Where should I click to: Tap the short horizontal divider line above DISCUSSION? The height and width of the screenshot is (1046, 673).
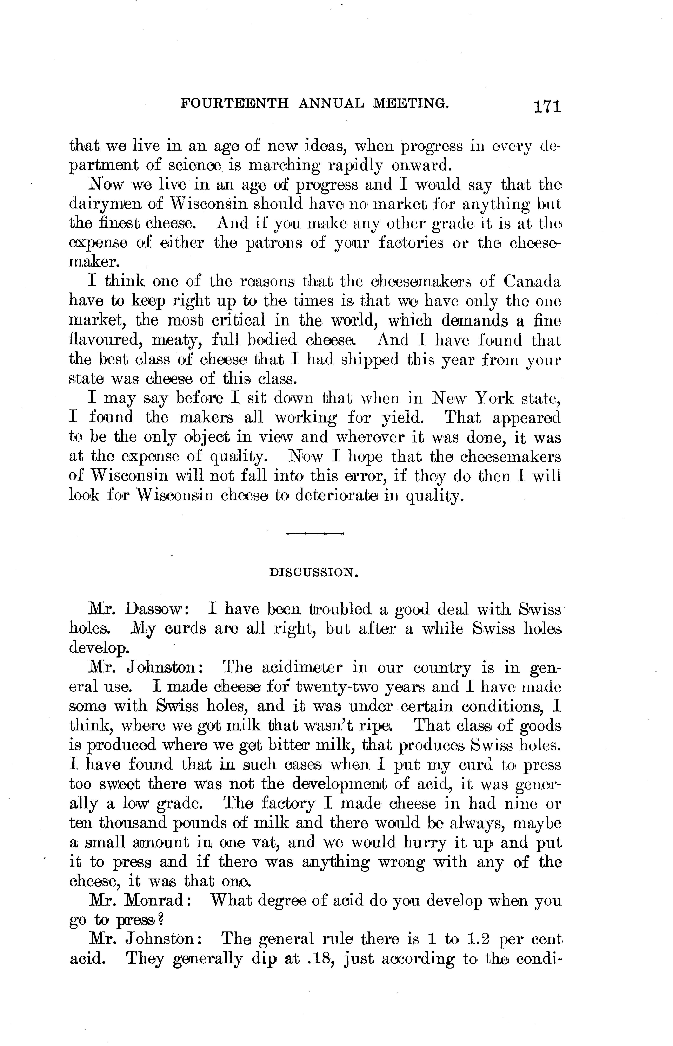coord(315,533)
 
